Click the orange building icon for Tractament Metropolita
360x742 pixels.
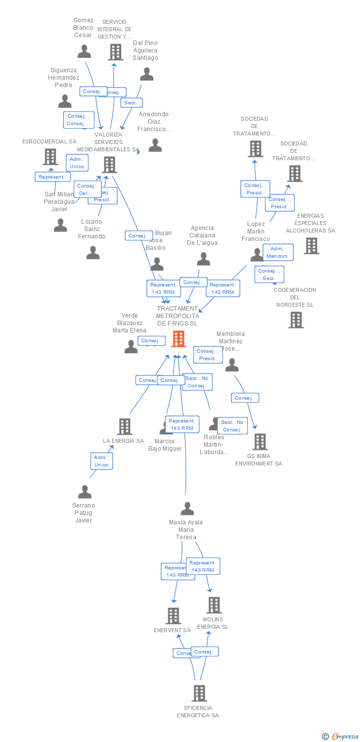pos(179,339)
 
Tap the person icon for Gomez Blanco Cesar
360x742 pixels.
pos(85,51)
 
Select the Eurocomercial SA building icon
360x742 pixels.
pos(50,157)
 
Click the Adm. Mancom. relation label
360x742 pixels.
pos(278,252)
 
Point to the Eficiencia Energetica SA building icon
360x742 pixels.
pos(199,693)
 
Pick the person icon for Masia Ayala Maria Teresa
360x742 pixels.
pos(187,509)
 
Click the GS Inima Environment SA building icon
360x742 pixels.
pos(260,442)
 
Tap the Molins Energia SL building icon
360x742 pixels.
pos(214,605)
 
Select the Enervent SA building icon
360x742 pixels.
pos(173,616)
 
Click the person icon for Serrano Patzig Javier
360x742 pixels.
pos(85,492)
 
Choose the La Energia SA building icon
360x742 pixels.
pos(125,426)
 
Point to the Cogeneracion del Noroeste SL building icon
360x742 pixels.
pos(296,320)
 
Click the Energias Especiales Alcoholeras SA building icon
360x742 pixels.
pos(311,246)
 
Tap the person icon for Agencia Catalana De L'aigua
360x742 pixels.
pos(203,259)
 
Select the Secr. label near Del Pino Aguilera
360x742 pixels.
pos(132,103)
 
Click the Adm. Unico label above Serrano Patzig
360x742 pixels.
pos(101,462)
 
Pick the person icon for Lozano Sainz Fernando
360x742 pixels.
pos(93,253)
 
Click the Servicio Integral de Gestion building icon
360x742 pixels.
pos(115,52)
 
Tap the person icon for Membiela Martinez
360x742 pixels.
pos(231,365)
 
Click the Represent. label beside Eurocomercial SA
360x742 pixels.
pos(52,177)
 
